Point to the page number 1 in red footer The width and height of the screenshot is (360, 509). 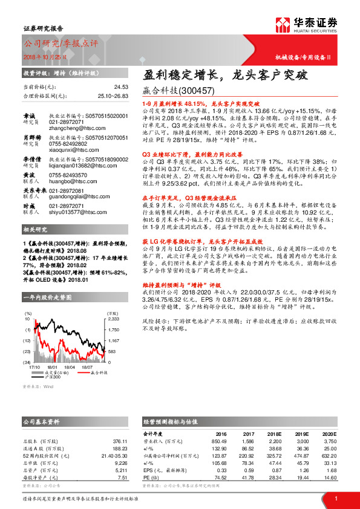point(335,498)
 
